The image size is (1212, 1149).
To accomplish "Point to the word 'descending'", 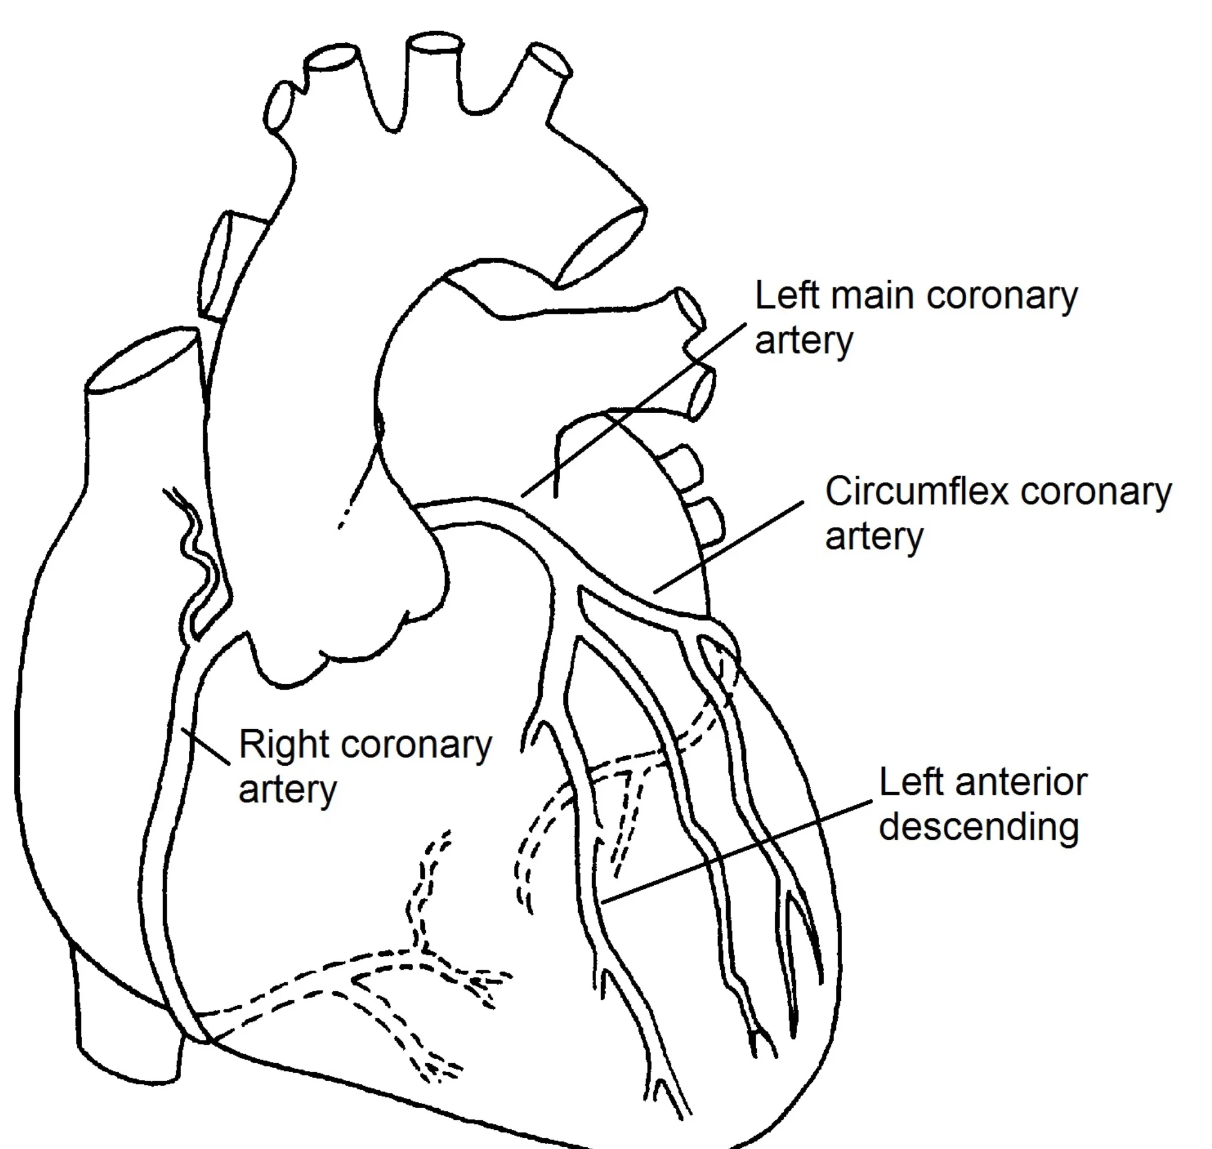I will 978,828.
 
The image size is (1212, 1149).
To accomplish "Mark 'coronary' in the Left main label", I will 1002,296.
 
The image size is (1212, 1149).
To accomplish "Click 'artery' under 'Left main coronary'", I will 803,341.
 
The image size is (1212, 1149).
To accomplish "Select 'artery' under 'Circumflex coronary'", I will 873,537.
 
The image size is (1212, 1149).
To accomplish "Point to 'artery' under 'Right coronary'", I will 287,790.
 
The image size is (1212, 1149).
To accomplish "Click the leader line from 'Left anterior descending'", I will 735,851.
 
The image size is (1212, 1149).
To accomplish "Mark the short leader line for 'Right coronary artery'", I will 206,747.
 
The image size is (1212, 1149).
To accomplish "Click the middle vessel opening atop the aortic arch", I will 435,45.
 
